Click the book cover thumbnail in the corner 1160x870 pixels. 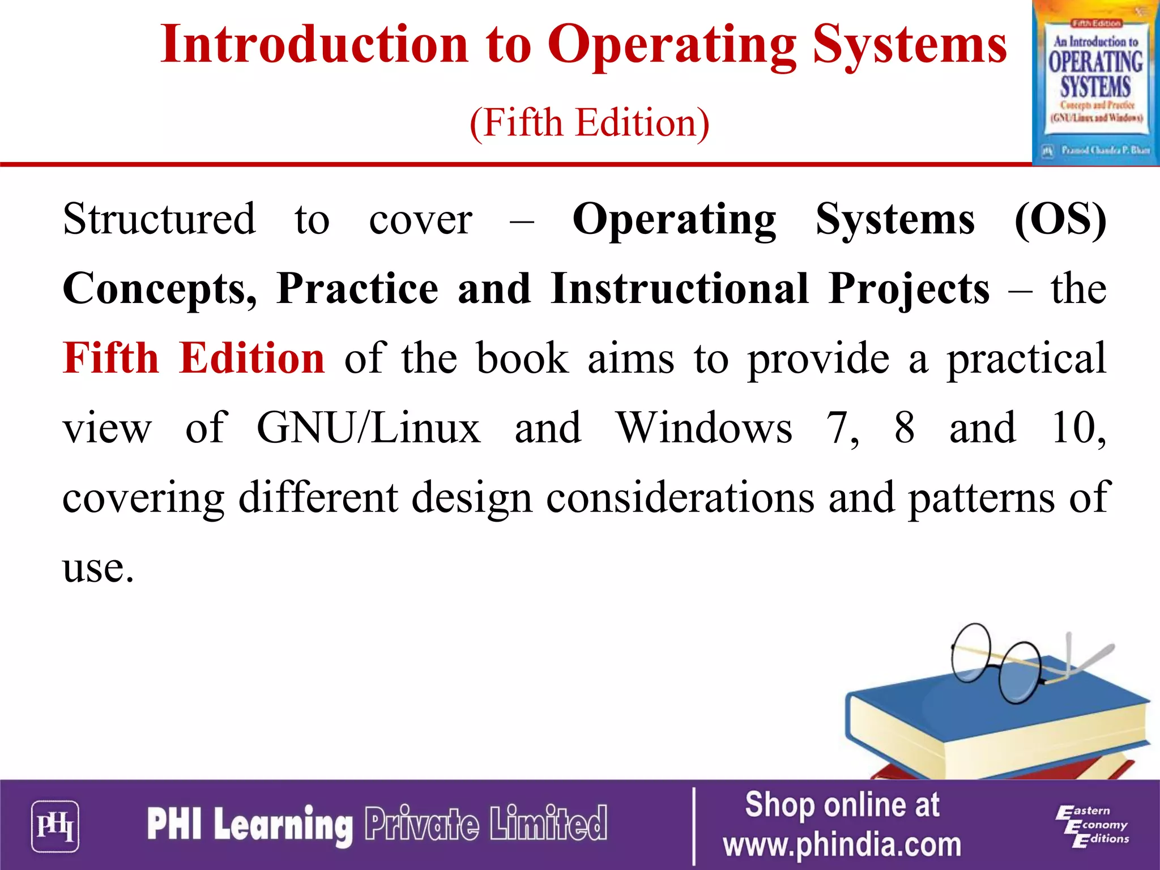click(1095, 83)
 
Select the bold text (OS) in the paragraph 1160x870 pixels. click(1060, 220)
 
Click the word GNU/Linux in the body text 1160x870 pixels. click(368, 428)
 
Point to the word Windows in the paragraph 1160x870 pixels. click(704, 428)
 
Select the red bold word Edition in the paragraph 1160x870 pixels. click(251, 359)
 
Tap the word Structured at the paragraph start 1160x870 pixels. click(159, 220)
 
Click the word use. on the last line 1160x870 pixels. click(98, 568)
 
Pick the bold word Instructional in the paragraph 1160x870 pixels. click(679, 289)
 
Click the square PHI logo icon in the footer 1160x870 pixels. click(55, 826)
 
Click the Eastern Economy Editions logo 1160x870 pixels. click(1091, 826)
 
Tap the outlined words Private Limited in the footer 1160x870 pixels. click(485, 824)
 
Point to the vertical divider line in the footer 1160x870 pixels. click(694, 826)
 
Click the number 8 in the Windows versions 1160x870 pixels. click(905, 428)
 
